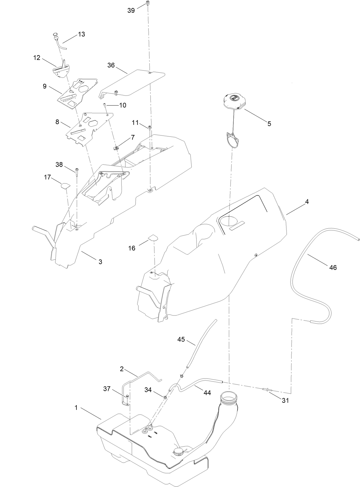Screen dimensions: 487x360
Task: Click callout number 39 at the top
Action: click(131, 10)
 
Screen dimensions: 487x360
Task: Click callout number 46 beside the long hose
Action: click(333, 268)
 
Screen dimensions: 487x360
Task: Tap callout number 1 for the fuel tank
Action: click(76, 408)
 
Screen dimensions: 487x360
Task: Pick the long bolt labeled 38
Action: click(77, 172)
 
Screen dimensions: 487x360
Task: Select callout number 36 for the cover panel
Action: click(111, 65)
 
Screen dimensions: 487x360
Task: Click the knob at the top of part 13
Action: click(55, 36)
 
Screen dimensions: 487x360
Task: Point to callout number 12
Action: click(36, 58)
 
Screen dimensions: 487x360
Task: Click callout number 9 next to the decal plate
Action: click(44, 86)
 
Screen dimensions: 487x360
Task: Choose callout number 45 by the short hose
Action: click(181, 339)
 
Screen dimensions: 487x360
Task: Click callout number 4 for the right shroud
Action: click(307, 202)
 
